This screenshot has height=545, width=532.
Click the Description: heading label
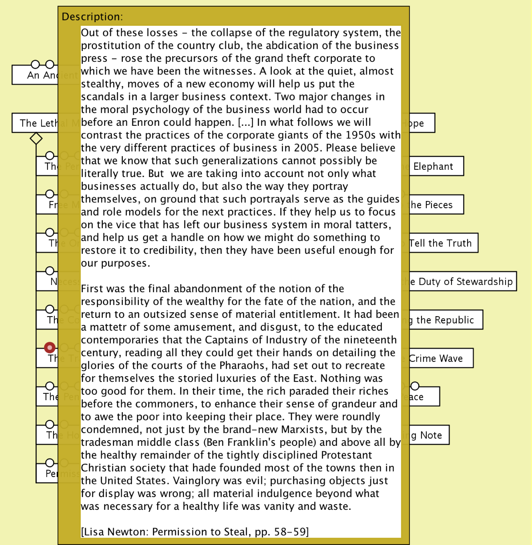point(92,17)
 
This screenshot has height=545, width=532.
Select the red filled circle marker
point(50,347)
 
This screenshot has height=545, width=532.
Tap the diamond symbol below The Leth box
point(36,139)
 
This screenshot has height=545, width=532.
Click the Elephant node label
point(433,166)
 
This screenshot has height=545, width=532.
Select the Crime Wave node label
point(436,358)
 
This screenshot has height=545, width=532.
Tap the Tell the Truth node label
point(440,243)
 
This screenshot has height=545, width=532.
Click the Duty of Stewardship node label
point(465,282)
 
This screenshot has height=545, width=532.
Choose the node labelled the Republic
point(445,320)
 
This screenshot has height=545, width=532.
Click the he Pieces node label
point(432,205)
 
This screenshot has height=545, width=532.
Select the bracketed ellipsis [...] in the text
point(246,122)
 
